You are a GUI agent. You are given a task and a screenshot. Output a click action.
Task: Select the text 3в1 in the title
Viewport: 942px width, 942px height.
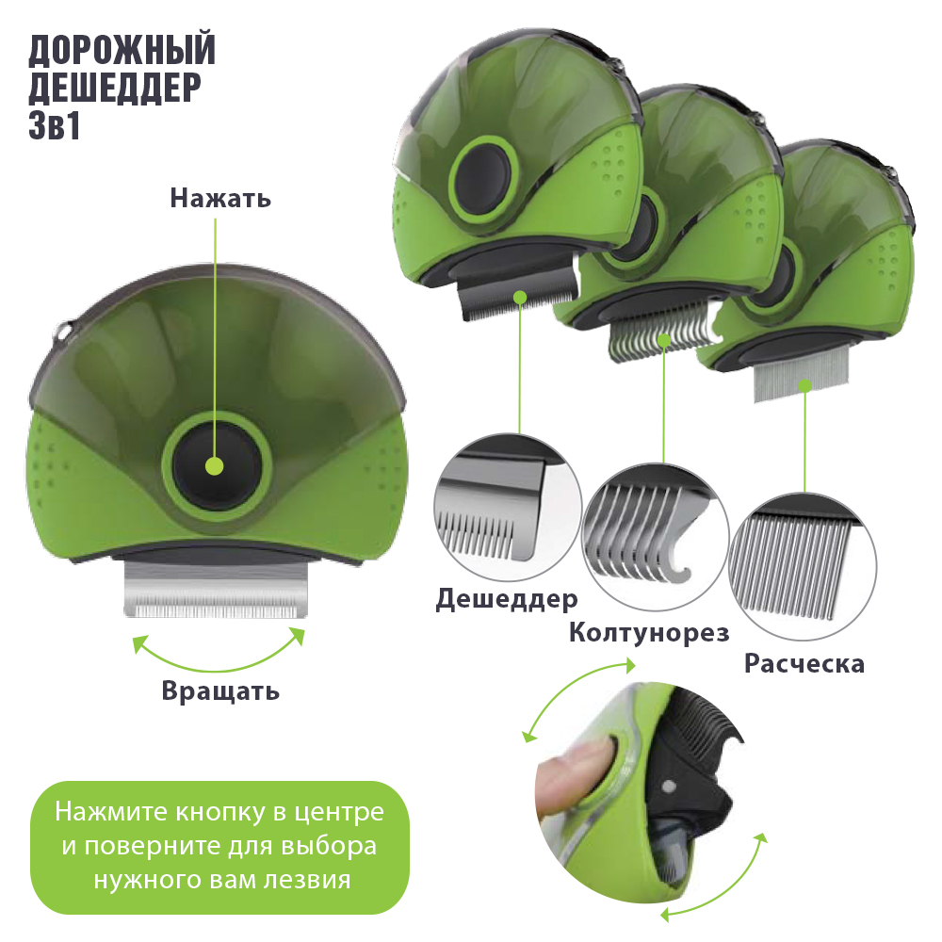[54, 125]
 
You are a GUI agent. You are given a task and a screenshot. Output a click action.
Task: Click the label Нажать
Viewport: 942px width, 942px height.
[220, 198]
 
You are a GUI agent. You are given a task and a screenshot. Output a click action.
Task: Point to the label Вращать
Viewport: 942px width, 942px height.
[220, 690]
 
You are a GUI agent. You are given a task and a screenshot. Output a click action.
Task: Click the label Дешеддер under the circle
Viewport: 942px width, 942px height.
[507, 599]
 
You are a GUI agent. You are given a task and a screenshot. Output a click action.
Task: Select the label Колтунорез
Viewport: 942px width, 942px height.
[649, 632]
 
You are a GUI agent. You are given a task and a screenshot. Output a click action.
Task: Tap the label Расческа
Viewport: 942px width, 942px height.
[804, 664]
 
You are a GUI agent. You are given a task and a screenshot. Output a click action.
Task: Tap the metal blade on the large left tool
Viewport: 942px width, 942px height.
[216, 590]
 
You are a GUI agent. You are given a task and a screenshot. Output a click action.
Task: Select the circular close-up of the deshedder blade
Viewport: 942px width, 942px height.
[508, 508]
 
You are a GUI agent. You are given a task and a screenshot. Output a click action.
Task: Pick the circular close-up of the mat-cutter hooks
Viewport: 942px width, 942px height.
[656, 537]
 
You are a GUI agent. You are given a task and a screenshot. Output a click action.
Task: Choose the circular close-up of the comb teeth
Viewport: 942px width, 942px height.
[804, 566]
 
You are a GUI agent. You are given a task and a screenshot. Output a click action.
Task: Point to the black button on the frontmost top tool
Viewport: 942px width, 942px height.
[483, 178]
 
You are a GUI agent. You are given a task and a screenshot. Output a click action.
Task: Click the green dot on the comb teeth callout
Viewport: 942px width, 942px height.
[805, 385]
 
